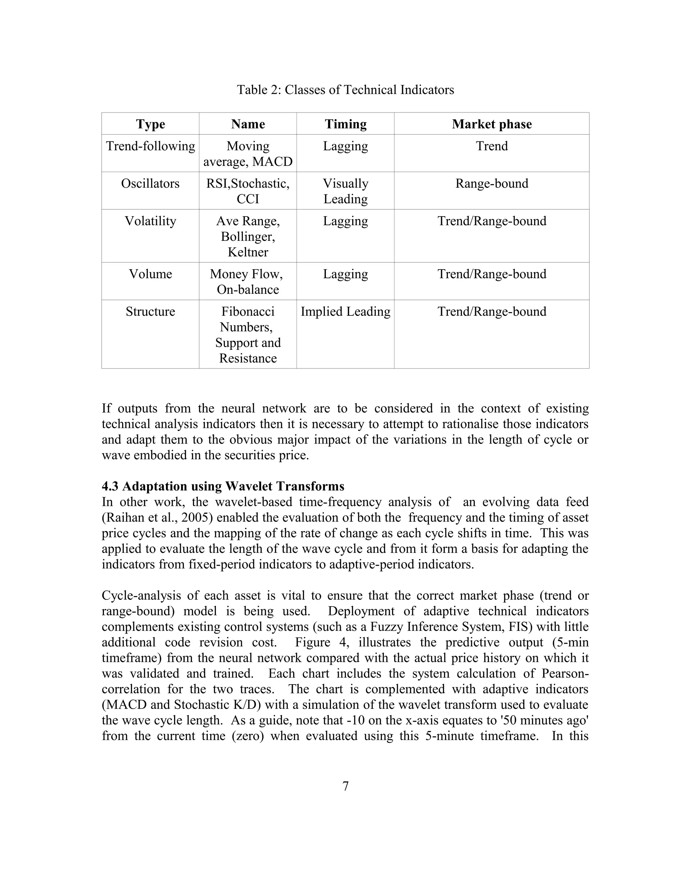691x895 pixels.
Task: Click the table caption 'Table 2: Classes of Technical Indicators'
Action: (x=345, y=90)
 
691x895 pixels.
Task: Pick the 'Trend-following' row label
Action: (x=150, y=146)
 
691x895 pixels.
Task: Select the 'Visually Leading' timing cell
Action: (x=345, y=191)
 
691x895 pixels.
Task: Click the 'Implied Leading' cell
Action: (x=345, y=311)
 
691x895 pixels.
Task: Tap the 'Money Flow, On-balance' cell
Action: (x=248, y=282)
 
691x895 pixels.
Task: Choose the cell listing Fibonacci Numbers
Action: (x=248, y=334)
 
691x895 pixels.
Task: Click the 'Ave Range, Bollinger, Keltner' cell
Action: (x=248, y=236)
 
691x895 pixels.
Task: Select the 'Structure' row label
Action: (x=150, y=311)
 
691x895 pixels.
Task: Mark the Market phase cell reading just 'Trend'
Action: (x=491, y=146)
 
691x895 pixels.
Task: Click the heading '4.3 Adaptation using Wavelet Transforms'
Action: (x=223, y=486)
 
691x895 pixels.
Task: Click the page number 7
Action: (x=345, y=786)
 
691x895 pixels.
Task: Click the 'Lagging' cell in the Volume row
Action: (x=345, y=274)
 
